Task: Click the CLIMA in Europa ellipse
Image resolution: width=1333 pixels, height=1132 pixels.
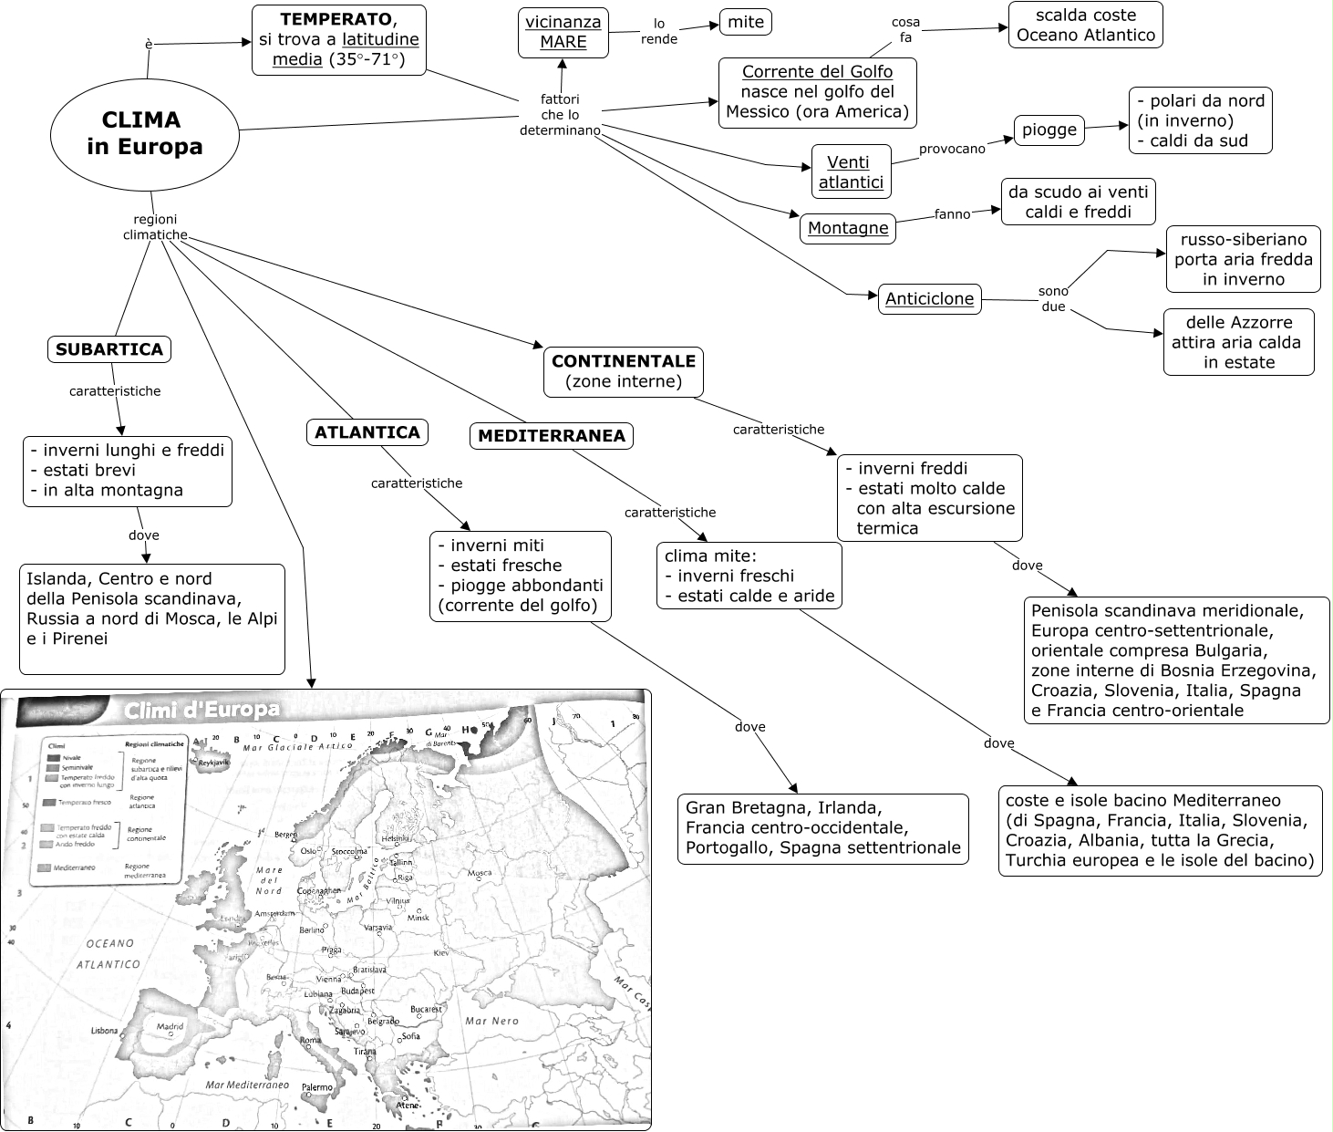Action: (145, 134)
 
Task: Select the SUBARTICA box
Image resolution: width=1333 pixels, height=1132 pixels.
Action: (109, 348)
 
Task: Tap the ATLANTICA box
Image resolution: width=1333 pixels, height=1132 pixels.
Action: (367, 432)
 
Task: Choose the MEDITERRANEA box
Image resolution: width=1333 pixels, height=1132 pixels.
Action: (552, 436)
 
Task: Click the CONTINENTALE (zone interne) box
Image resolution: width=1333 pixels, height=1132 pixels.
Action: (624, 371)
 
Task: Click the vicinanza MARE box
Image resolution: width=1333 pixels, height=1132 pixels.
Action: (563, 32)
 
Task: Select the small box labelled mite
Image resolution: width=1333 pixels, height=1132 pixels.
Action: (746, 22)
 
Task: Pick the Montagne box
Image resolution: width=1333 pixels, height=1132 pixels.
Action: (848, 228)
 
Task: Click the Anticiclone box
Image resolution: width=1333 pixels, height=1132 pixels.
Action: (929, 298)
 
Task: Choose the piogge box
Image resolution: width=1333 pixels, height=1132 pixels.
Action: (1049, 130)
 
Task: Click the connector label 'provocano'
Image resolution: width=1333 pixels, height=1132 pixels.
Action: (952, 149)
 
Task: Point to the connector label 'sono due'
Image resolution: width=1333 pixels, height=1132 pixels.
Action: (1053, 299)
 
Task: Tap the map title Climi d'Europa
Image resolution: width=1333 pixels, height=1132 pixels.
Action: (202, 710)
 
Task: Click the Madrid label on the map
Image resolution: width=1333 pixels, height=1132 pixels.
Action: (170, 1026)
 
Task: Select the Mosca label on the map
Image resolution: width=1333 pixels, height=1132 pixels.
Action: (480, 873)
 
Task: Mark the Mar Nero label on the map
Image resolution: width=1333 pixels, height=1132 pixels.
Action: (491, 1022)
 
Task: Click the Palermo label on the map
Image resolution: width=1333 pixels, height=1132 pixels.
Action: (317, 1087)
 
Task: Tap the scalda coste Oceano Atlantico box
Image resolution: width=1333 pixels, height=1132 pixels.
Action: (1085, 26)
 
